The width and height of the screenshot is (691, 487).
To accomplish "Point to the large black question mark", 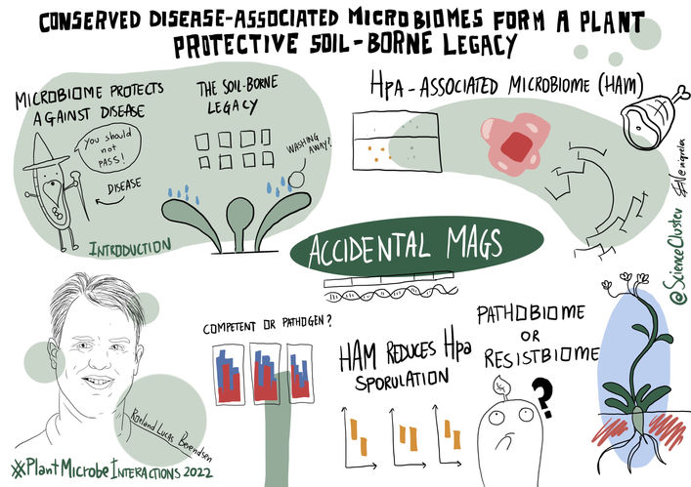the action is pyautogui.click(x=536, y=393).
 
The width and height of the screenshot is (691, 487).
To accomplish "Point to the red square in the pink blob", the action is pyautogui.click(x=514, y=146).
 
